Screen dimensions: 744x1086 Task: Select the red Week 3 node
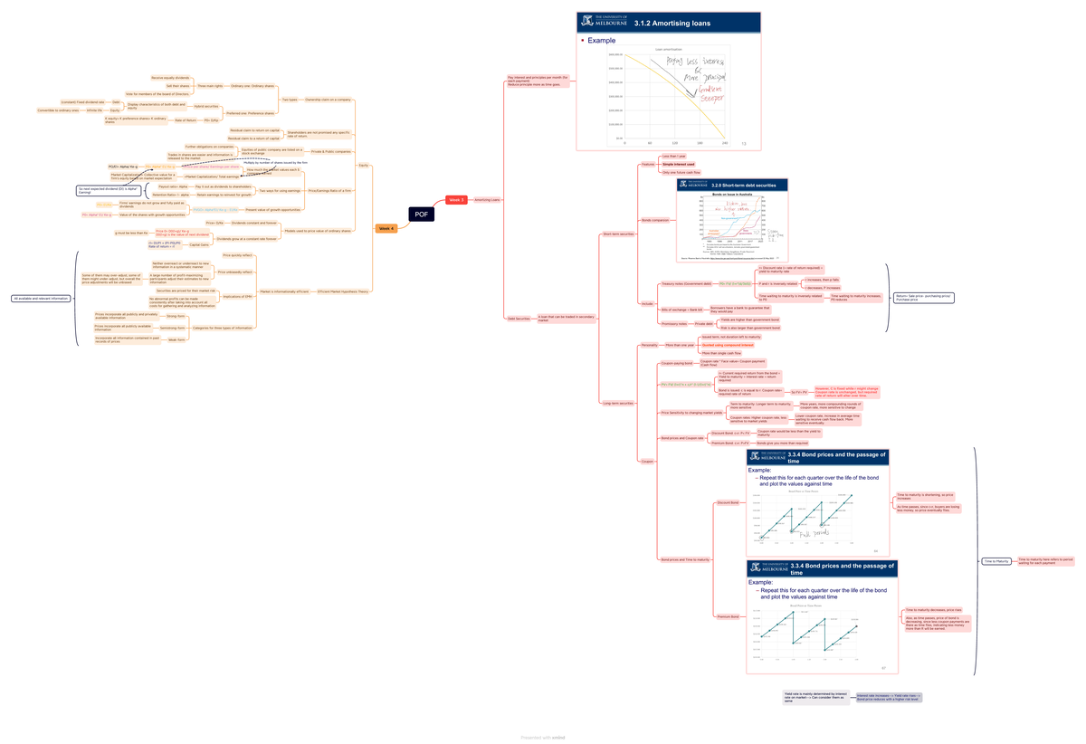tap(456, 200)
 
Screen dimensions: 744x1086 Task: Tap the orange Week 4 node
tap(386, 229)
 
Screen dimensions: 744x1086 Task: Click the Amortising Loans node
tap(488, 200)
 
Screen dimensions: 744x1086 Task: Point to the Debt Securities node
tap(519, 318)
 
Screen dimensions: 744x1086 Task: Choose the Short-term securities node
tap(617, 235)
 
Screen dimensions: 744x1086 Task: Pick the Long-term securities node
tap(617, 403)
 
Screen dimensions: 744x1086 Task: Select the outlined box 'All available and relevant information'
tap(42, 298)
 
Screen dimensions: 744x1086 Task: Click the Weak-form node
tap(176, 339)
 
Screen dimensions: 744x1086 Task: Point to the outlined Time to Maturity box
tap(995, 561)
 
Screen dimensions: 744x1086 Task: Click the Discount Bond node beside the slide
tap(728, 502)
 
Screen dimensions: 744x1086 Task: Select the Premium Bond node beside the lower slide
tap(728, 616)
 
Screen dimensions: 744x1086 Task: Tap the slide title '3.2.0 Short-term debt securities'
tap(744, 185)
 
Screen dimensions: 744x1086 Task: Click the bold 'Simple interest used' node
tap(679, 165)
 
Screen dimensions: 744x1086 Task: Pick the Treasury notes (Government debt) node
tap(687, 284)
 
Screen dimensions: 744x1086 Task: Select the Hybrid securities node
tap(206, 106)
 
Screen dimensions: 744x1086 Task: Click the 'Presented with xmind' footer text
tap(543, 738)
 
